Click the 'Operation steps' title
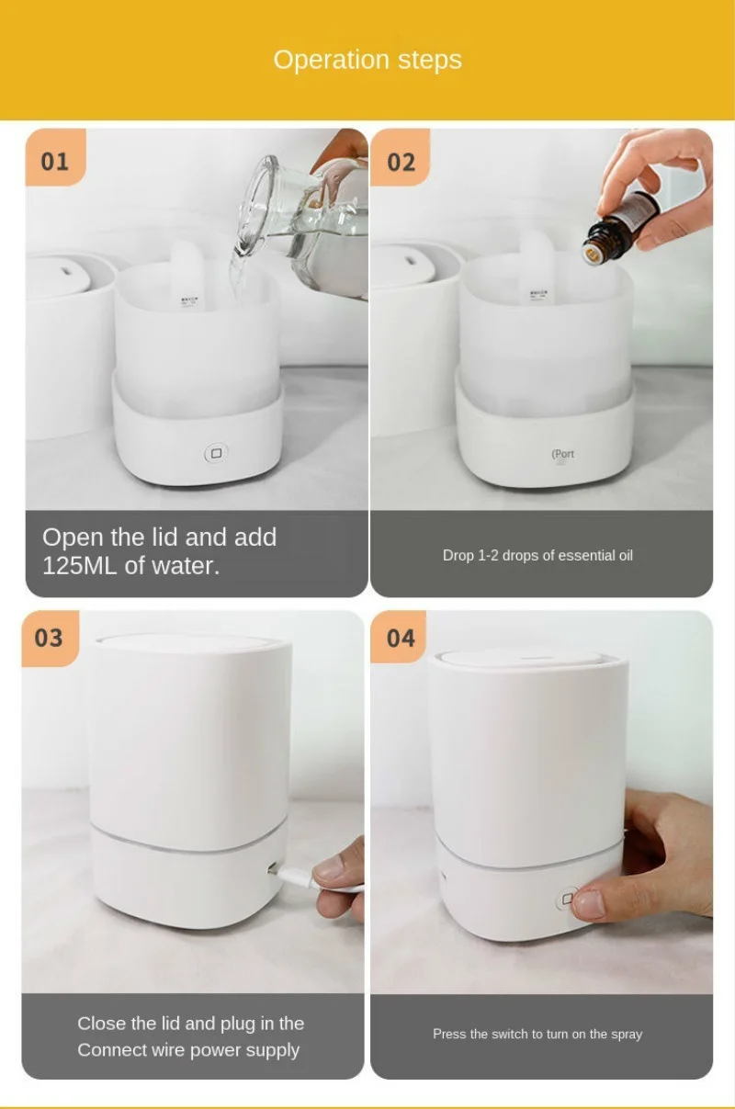click(x=367, y=60)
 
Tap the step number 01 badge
click(x=55, y=157)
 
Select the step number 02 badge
click(x=401, y=157)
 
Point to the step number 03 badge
click(x=50, y=639)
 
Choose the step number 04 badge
click(x=399, y=637)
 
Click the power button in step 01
click(x=216, y=454)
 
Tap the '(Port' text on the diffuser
click(x=563, y=454)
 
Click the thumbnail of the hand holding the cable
click(x=340, y=881)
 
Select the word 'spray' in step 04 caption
click(x=627, y=1035)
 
